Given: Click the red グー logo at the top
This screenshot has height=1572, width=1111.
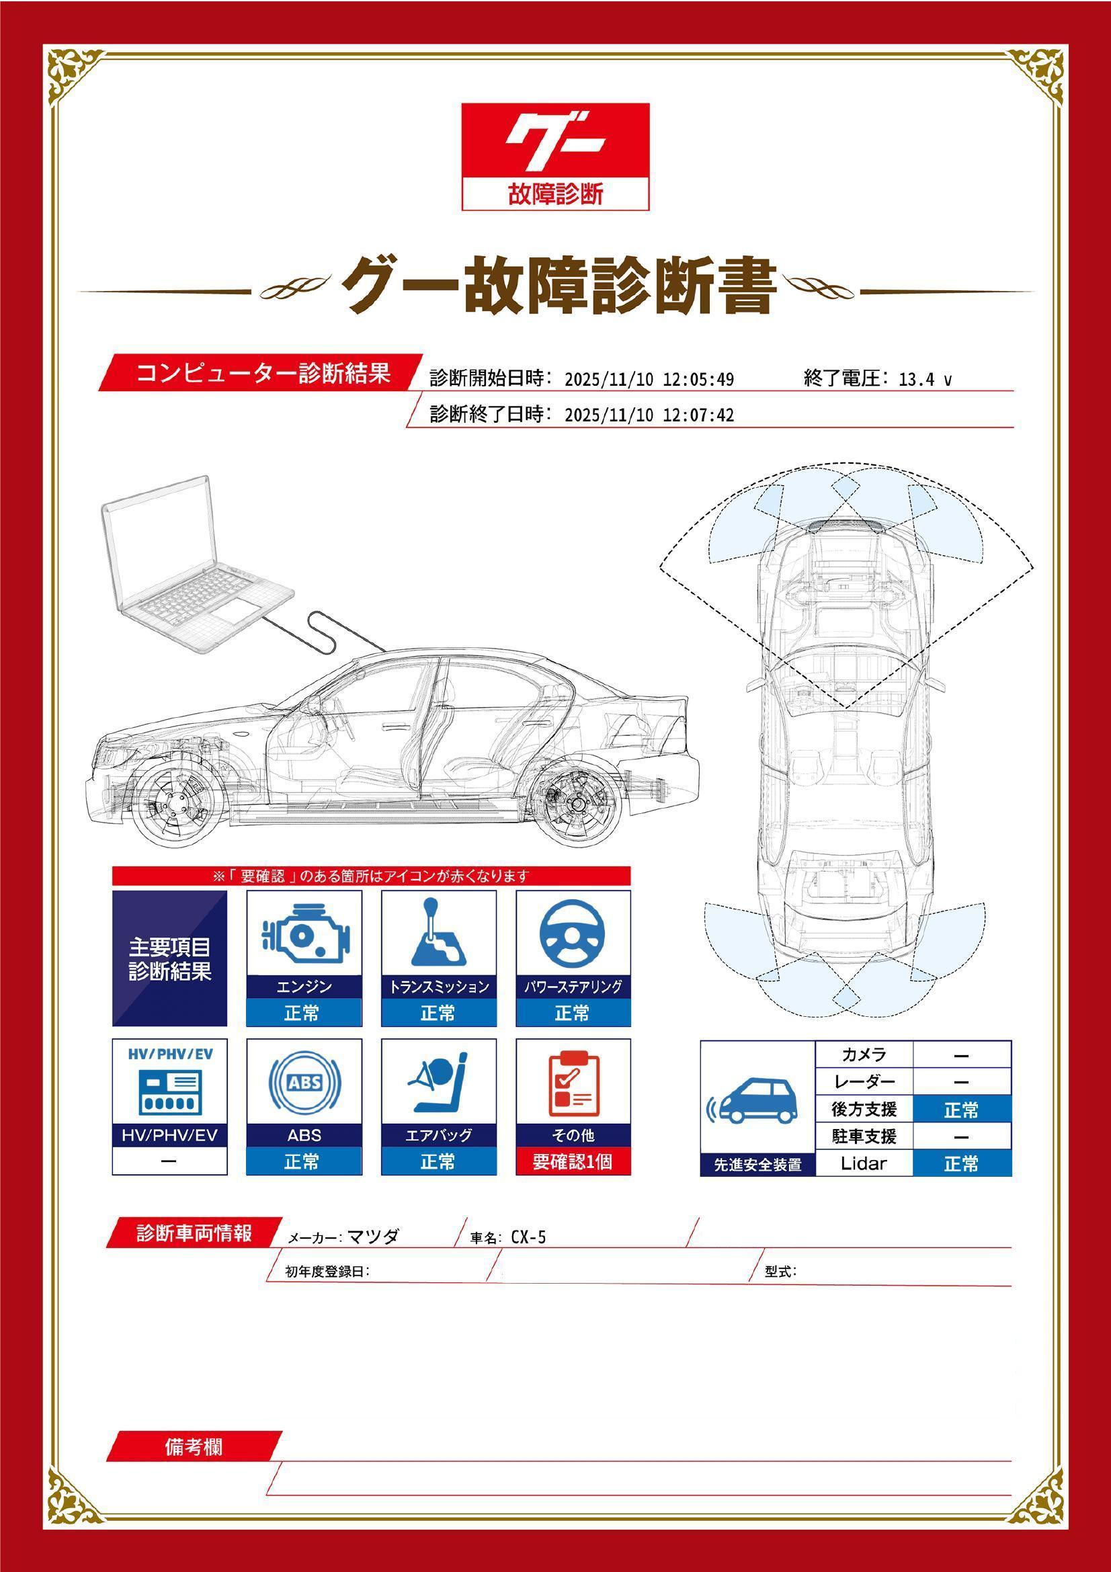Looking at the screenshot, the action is coord(555,157).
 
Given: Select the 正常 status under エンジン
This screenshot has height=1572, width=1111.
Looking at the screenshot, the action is coord(303,1013).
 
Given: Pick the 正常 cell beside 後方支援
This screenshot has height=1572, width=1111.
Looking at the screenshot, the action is coord(962,1109).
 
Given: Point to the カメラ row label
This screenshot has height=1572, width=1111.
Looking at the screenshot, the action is coord(864,1055).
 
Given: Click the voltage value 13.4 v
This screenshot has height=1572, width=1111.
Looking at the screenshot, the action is coord(925,379).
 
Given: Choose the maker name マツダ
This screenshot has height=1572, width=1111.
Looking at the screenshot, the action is coord(374,1236).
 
